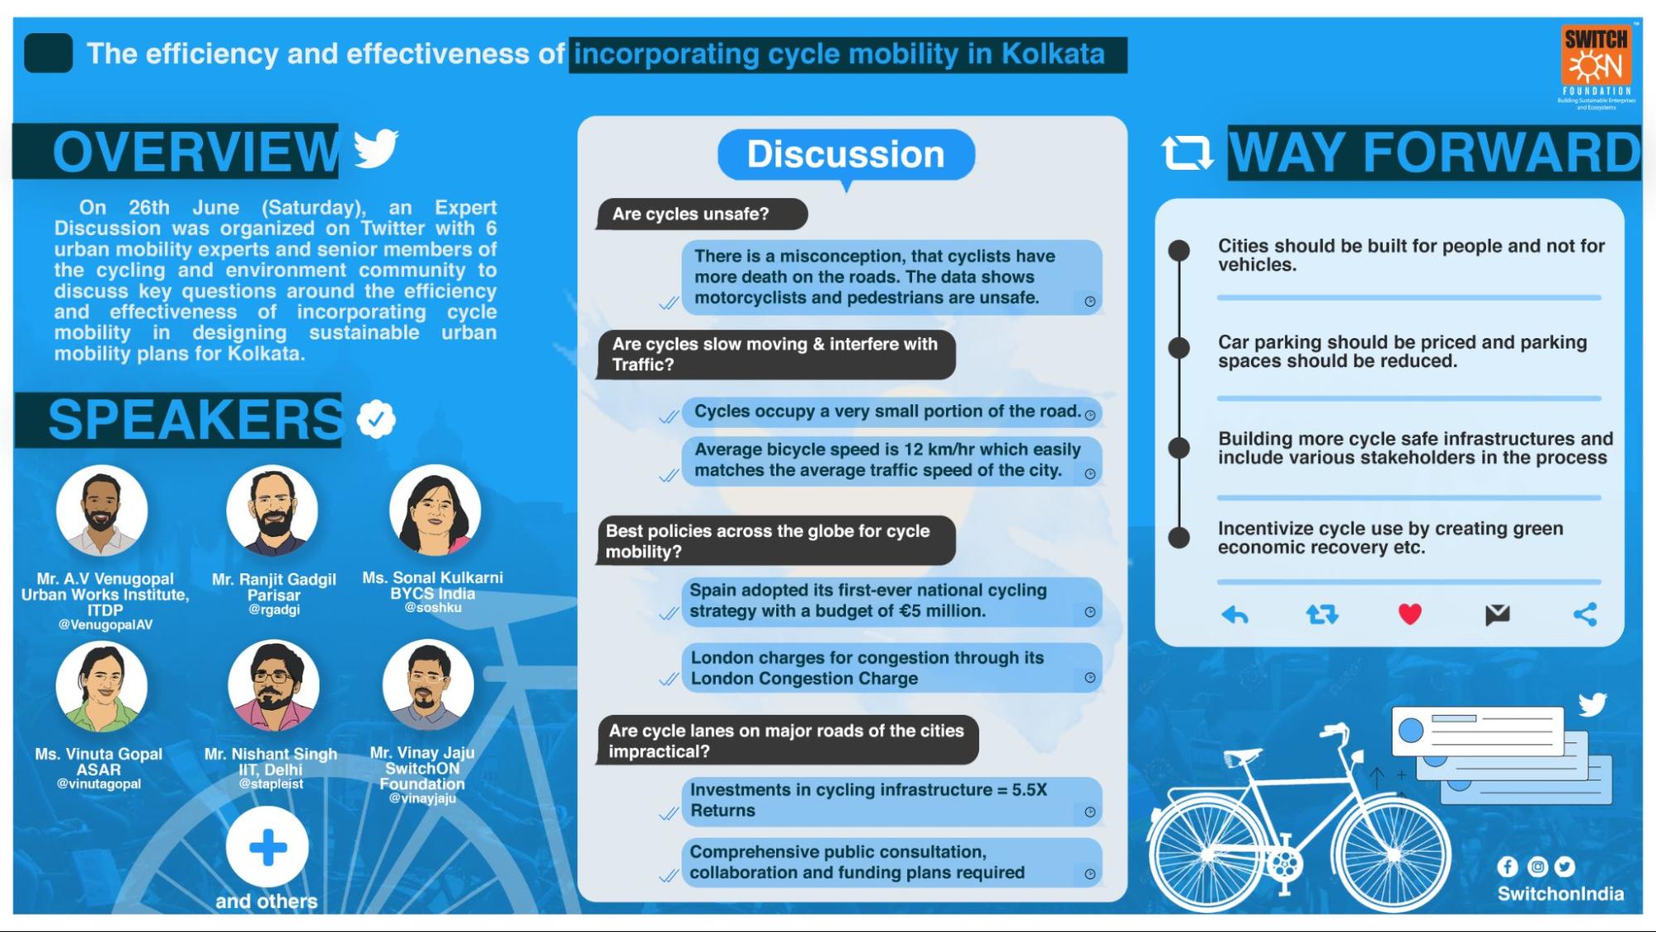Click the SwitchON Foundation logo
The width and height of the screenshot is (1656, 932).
pyautogui.click(x=1596, y=66)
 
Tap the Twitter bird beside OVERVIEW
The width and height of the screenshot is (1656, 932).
pyautogui.click(x=376, y=148)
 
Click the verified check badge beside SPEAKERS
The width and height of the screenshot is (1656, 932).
pyautogui.click(x=376, y=419)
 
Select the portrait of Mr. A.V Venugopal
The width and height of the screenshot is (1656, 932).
pyautogui.click(x=102, y=510)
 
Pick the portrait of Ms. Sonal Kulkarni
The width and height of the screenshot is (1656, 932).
pyautogui.click(x=435, y=510)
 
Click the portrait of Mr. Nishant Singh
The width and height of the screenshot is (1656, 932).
pyautogui.click(x=273, y=686)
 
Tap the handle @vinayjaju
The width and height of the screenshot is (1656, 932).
pyautogui.click(x=422, y=799)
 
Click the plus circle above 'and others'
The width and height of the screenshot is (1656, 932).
pyautogui.click(x=268, y=847)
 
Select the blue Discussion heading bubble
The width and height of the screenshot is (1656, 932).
pyautogui.click(x=846, y=155)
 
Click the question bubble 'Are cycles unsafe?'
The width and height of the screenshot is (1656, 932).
pyautogui.click(x=701, y=214)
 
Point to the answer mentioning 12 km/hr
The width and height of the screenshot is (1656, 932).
pyautogui.click(x=891, y=461)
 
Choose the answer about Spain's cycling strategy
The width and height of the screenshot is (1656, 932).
pyautogui.click(x=891, y=601)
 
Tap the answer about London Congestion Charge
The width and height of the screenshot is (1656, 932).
pyautogui.click(x=891, y=669)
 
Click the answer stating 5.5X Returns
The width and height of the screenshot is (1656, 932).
pyautogui.click(x=891, y=801)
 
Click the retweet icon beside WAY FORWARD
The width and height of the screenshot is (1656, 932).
pyautogui.click(x=1187, y=152)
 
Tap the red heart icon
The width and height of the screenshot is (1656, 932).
pyautogui.click(x=1410, y=614)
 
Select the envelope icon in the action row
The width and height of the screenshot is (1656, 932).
pyautogui.click(x=1497, y=615)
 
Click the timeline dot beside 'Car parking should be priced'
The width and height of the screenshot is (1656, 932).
pyautogui.click(x=1179, y=348)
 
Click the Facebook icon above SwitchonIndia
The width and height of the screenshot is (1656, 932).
pyautogui.click(x=1508, y=867)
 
